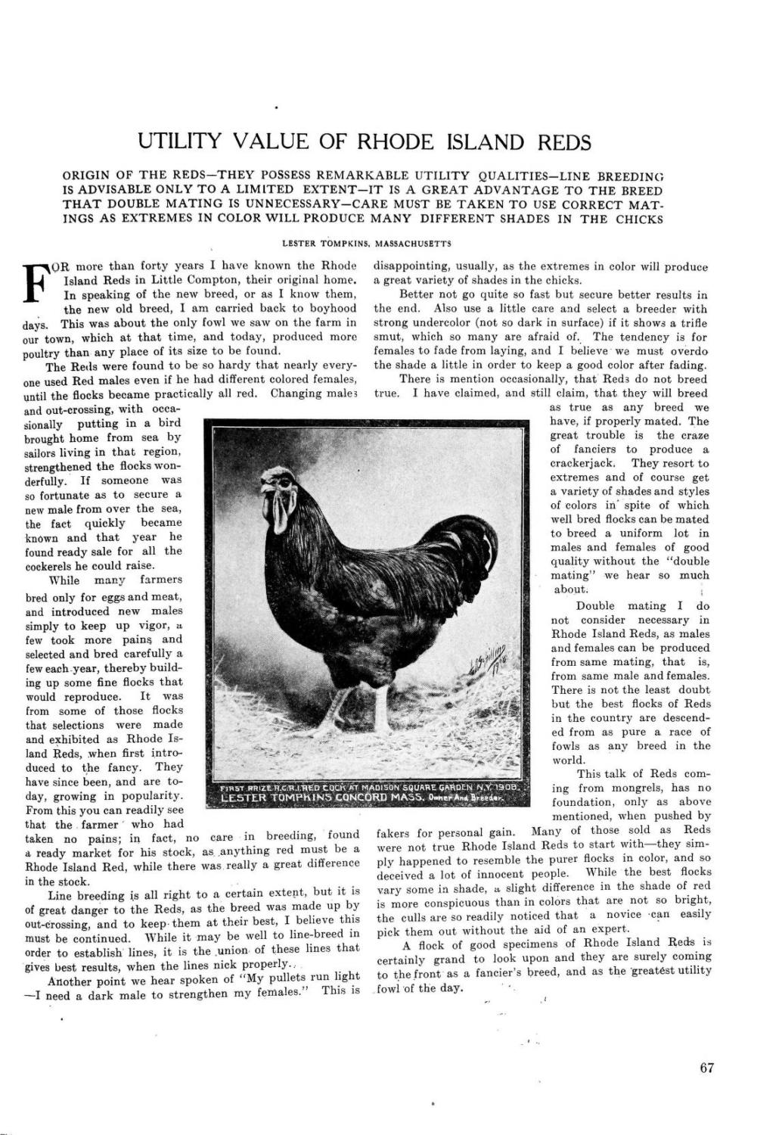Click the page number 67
pos(707,1068)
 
